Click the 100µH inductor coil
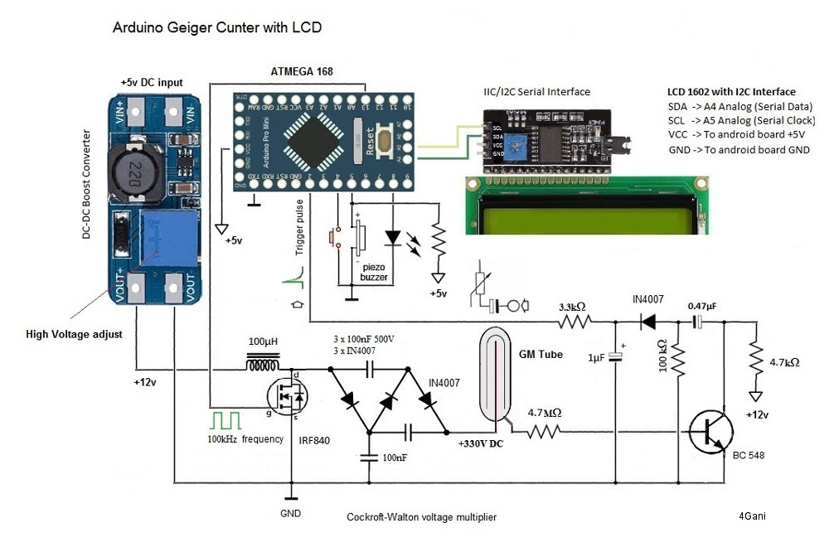point(262,361)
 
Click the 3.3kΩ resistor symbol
point(574,322)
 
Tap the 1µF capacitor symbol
point(615,356)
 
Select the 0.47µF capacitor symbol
point(701,322)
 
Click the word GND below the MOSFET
point(291,514)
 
